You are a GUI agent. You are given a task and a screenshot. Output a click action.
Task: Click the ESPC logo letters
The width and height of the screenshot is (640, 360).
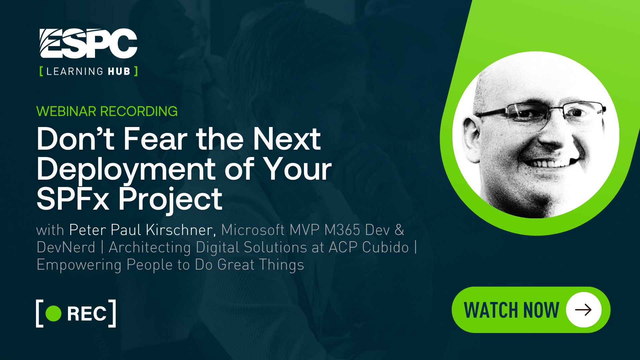click(88, 44)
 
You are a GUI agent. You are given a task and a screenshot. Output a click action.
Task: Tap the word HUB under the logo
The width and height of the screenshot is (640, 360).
click(119, 71)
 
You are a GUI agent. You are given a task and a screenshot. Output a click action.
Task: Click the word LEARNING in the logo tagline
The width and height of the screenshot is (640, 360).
click(75, 71)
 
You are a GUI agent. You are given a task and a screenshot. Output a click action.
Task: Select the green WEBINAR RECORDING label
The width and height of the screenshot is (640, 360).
click(107, 111)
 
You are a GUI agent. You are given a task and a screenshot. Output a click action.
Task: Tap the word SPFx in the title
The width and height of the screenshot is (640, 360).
click(73, 199)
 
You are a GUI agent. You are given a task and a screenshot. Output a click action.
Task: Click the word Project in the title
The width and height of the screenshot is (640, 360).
click(170, 199)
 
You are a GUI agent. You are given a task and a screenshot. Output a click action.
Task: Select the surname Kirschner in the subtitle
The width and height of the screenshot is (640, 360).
click(179, 230)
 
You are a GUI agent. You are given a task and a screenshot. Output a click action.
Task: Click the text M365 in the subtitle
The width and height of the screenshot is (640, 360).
click(342, 230)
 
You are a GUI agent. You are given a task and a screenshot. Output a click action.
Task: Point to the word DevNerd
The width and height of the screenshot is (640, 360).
click(66, 247)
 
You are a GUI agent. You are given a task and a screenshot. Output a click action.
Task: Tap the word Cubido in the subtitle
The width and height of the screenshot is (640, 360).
click(385, 247)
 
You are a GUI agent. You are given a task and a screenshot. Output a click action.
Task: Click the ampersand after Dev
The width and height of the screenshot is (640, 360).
click(399, 230)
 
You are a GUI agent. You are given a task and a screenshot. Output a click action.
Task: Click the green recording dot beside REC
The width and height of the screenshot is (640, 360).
click(53, 313)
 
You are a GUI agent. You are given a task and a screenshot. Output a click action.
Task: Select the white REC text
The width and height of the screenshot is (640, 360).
click(87, 314)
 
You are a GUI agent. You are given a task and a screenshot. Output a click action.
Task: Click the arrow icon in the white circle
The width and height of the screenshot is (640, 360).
click(583, 310)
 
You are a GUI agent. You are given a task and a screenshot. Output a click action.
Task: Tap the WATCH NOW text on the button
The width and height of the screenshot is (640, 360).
click(511, 310)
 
